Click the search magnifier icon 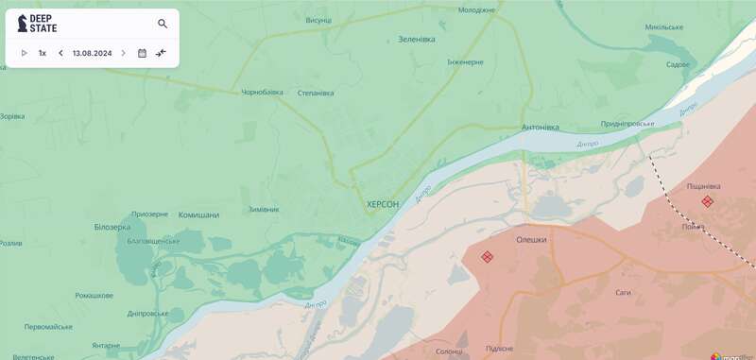point(163,24)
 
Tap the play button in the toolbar point(25,53)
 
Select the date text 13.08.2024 point(92,53)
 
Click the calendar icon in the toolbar point(142,53)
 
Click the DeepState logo point(38,24)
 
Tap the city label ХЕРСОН point(383,204)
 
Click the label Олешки point(531,240)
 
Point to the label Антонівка point(540,128)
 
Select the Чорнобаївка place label point(262,93)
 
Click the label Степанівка point(316,93)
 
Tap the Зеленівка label point(417,40)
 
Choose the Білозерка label point(113,228)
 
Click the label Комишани point(198,215)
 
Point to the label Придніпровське point(627,124)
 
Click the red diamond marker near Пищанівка point(707,201)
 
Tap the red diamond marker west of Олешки point(487,256)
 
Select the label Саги point(623,293)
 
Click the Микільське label point(663,26)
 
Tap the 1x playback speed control point(43,53)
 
